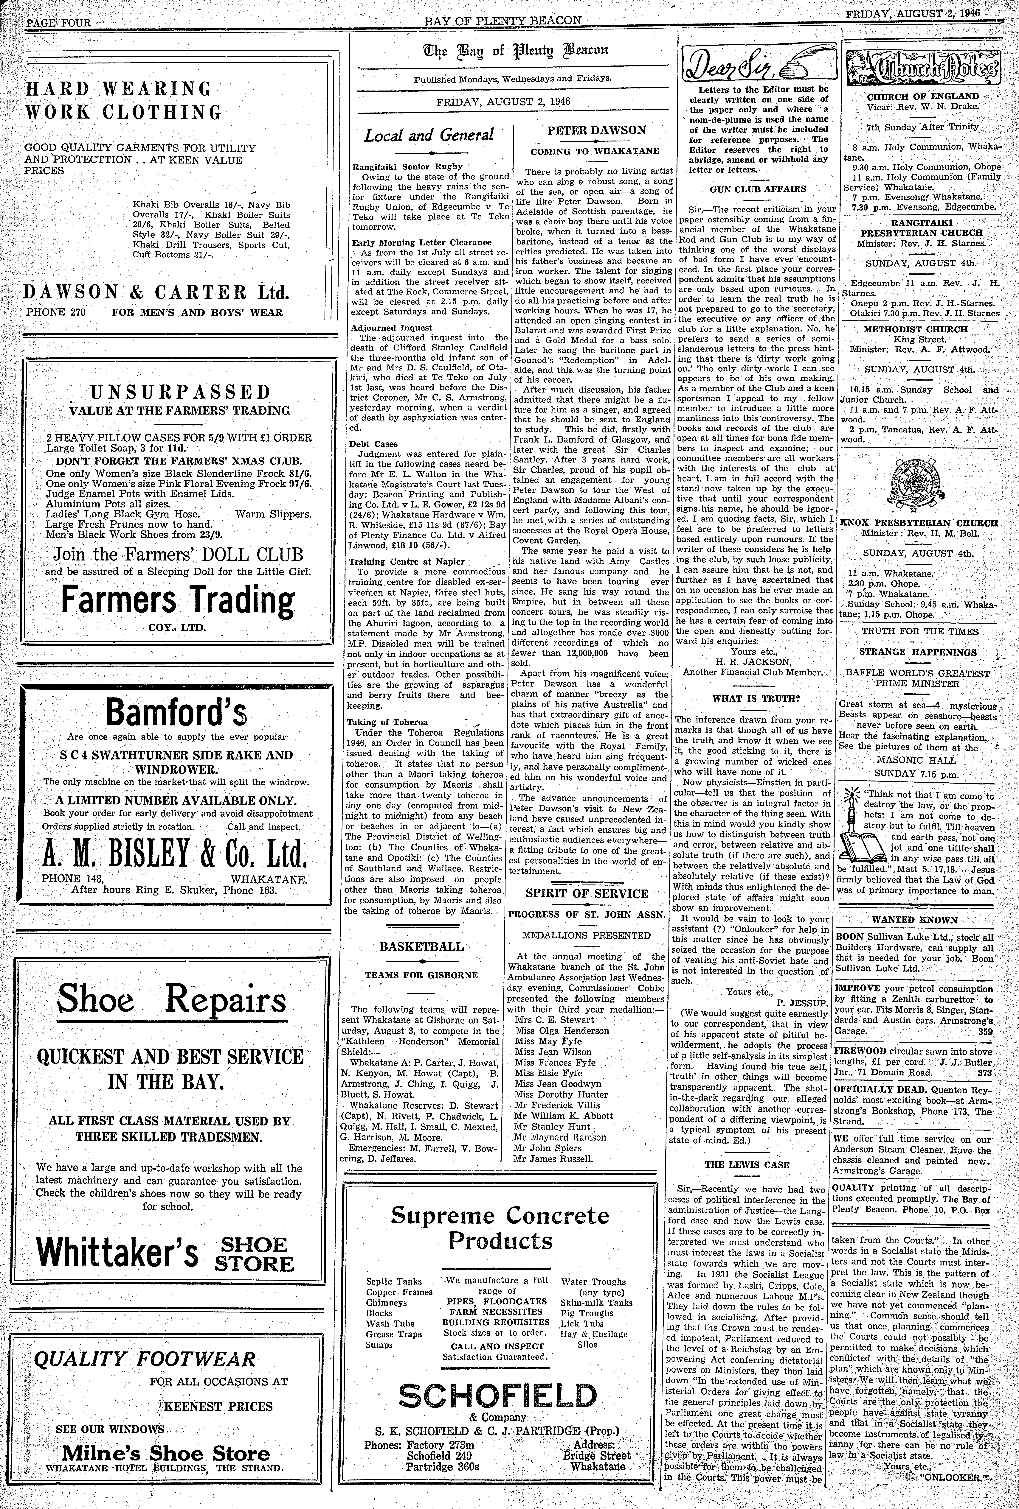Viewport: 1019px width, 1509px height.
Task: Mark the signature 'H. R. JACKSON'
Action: click(753, 662)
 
